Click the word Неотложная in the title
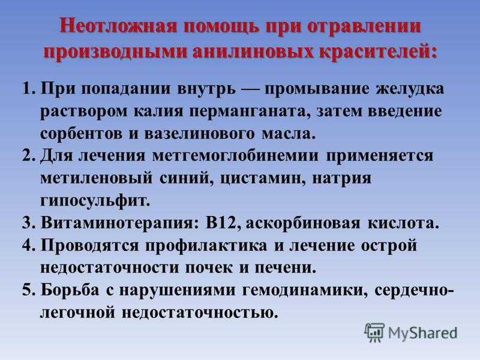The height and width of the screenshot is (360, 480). pos(118,26)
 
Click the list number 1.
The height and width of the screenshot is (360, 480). pos(28,89)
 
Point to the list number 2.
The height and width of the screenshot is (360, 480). pos(28,156)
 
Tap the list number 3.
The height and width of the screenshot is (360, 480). pos(28,223)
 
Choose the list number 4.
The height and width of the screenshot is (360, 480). pos(28,245)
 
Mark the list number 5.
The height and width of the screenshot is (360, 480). pos(28,290)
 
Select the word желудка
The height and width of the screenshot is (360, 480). pos(410,89)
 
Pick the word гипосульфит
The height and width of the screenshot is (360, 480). pos(95,202)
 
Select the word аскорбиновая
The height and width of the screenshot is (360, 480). pos(303,223)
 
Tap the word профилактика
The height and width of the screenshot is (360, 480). pos(206,246)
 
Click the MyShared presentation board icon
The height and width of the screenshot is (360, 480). pos(374,332)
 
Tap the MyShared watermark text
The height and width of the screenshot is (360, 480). pos(423,333)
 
